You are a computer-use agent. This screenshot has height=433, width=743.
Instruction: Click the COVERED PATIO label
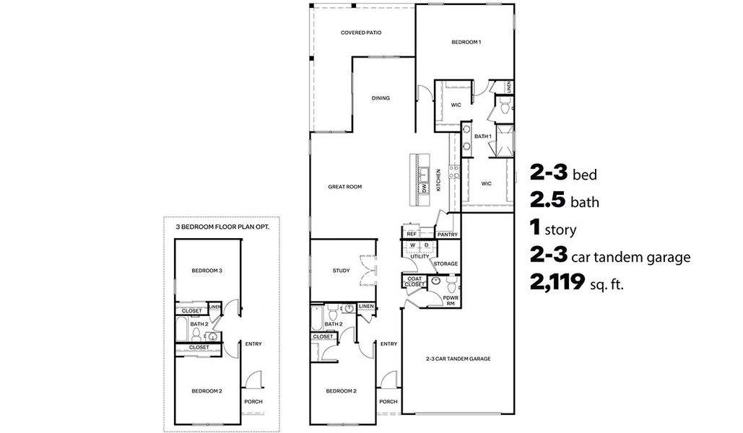[x=361, y=33]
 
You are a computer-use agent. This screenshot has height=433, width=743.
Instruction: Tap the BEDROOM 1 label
[x=466, y=42]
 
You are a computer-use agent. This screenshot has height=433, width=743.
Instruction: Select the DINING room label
[x=381, y=99]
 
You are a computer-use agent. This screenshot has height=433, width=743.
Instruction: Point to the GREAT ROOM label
[x=344, y=186]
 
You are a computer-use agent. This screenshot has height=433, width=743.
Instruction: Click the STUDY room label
[x=341, y=271]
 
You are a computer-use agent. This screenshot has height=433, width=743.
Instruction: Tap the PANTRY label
[x=447, y=234]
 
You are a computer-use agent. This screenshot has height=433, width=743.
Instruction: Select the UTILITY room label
[x=420, y=256]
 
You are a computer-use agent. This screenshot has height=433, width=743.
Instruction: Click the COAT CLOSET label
[x=414, y=282]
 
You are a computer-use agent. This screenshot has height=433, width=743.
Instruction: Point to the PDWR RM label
[x=451, y=299]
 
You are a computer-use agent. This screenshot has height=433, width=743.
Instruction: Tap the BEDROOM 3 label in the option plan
[x=206, y=271]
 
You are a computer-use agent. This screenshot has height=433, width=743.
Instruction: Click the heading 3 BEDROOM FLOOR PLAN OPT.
[x=218, y=226]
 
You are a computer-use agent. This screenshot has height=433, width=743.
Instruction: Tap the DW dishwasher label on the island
[x=425, y=188]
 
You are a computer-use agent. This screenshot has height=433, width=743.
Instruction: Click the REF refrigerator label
[x=412, y=234]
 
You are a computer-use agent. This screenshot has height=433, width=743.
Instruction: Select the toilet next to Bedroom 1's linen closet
[x=504, y=110]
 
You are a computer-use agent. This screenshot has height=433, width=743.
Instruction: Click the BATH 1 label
[x=482, y=136]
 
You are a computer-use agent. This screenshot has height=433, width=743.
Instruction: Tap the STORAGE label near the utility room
[x=446, y=264]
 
